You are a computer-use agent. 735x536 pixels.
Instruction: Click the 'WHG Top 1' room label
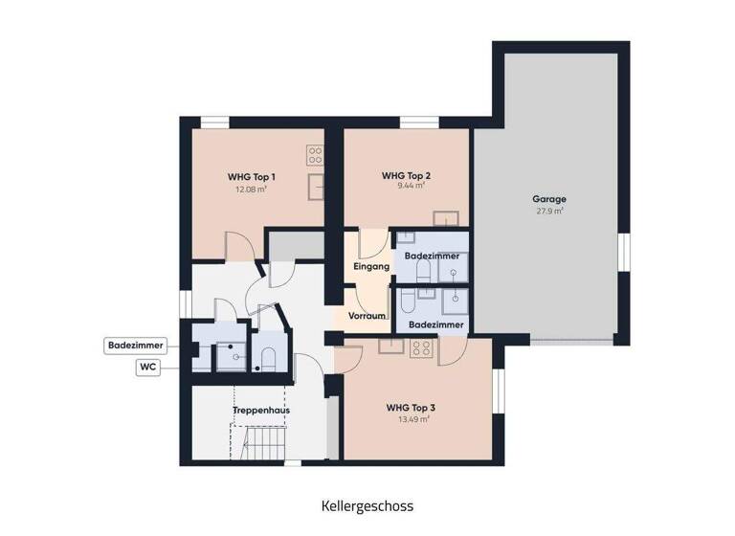point(252,177)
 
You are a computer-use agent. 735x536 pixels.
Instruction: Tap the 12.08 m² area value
point(252,190)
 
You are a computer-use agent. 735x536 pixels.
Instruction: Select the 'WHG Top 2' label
point(406,176)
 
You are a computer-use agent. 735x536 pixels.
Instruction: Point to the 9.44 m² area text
point(406,189)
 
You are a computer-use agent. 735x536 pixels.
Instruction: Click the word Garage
point(548,199)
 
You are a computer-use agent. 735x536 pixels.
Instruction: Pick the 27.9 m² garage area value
point(548,211)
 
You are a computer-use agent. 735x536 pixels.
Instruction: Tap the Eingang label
point(370,267)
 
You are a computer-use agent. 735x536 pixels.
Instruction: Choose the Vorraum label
point(367,316)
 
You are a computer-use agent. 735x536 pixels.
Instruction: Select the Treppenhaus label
point(261,411)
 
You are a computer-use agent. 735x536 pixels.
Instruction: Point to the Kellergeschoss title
point(367,505)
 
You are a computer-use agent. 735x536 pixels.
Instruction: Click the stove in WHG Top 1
point(314,155)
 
